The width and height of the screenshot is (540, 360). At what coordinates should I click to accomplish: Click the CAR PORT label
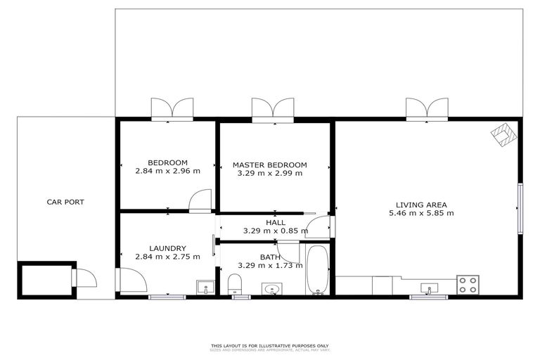[65, 202]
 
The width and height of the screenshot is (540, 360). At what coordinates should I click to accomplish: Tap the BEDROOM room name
[167, 162]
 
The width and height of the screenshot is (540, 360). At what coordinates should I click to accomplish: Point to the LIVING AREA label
[422, 205]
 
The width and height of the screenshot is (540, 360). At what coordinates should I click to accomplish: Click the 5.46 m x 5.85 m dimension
[422, 213]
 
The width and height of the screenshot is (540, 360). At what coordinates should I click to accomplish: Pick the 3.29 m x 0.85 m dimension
[275, 231]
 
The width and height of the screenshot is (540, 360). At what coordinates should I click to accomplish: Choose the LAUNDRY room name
[167, 248]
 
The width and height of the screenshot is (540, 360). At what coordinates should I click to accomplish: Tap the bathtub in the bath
[317, 271]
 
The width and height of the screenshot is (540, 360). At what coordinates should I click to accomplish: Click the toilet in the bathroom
[235, 284]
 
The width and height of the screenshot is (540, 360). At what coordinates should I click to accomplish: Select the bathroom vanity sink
[272, 289]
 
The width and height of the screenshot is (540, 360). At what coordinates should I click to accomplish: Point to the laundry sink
[205, 288]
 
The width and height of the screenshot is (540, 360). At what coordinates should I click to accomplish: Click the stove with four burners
[468, 285]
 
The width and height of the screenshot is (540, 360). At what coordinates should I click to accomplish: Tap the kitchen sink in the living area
[429, 288]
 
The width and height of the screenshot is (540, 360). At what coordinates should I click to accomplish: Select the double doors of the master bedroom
[273, 109]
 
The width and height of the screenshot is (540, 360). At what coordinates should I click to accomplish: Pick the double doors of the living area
[425, 109]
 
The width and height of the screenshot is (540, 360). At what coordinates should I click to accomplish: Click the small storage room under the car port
[44, 279]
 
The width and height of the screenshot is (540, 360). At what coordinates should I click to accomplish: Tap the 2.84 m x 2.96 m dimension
[167, 171]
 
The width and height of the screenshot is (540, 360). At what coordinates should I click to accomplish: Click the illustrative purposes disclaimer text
[270, 347]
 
